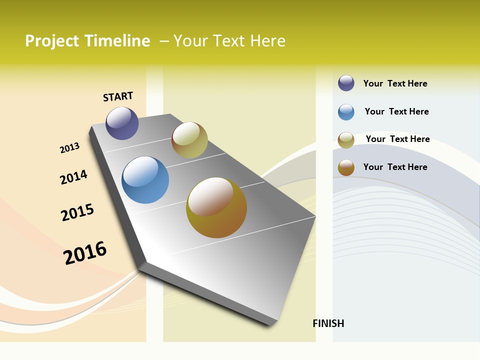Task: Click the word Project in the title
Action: (x=52, y=41)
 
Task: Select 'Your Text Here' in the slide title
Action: (x=229, y=41)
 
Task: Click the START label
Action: (x=118, y=96)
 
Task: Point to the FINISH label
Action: (x=328, y=323)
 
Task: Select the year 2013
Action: (x=69, y=148)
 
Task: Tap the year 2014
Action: (x=73, y=177)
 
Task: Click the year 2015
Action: (x=77, y=212)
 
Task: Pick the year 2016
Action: (x=85, y=252)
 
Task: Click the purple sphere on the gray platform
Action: (x=122, y=123)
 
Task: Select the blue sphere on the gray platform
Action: (x=145, y=180)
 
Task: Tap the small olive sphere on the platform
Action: (x=189, y=140)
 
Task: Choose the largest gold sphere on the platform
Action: (x=216, y=207)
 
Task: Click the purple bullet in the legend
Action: (x=346, y=83)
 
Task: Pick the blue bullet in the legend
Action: (x=346, y=112)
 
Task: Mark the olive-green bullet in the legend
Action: (x=346, y=140)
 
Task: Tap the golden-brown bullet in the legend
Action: (x=346, y=167)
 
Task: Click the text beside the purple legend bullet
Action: (x=395, y=83)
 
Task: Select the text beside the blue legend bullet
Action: (x=396, y=111)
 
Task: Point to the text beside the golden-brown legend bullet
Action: (x=395, y=167)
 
